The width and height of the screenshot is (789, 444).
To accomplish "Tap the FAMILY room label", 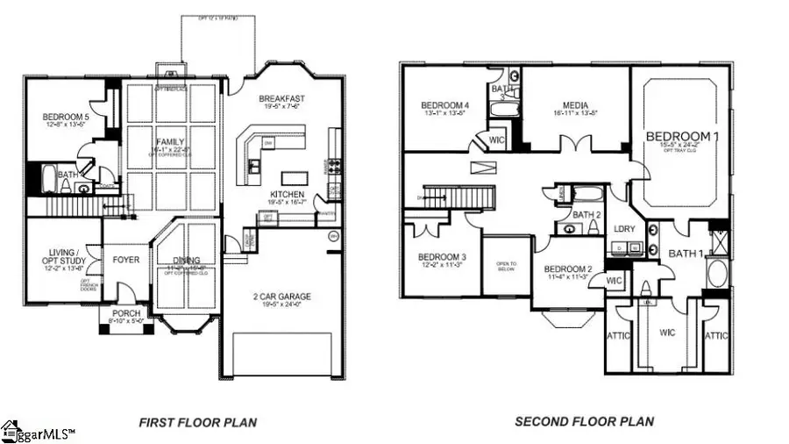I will (x=170, y=142).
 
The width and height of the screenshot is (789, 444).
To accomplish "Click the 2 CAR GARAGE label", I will (x=282, y=297).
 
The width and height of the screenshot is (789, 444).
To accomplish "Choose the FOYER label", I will (x=126, y=260).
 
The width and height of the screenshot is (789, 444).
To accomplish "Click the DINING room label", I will (x=185, y=261).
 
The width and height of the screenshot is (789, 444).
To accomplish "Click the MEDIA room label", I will (x=575, y=104).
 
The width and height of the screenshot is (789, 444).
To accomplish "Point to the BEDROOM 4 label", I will (x=444, y=106).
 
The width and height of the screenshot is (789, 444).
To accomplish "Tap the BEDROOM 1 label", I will (x=681, y=137).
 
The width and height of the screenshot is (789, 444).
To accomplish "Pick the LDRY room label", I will (x=623, y=228).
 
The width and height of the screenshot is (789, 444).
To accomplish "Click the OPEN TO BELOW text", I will (x=507, y=266).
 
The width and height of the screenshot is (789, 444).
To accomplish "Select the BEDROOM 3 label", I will (x=442, y=257).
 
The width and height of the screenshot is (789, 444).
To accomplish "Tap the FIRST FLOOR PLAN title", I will (x=197, y=422).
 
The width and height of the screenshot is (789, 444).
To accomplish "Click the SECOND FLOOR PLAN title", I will (x=584, y=422).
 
